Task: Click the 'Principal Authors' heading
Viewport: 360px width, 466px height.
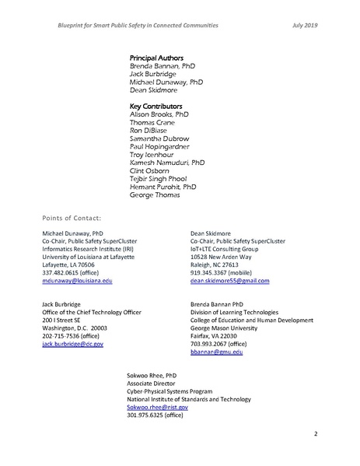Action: point(155,58)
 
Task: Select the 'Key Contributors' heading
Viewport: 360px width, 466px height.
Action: point(156,104)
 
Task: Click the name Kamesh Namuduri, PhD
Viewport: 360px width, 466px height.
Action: point(166,163)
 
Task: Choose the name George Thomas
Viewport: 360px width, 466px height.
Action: point(153,196)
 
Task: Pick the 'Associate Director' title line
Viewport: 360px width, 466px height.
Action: point(152,382)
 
